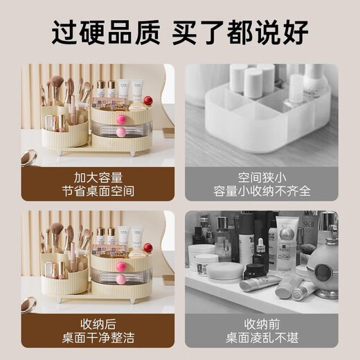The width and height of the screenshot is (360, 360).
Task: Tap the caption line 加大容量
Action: [102, 176]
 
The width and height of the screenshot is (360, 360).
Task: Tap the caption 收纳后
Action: [102, 323]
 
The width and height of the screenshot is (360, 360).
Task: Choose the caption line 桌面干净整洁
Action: [102, 338]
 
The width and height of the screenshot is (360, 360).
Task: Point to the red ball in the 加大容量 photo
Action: [147, 101]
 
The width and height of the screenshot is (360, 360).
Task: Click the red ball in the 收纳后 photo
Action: [147, 247]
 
